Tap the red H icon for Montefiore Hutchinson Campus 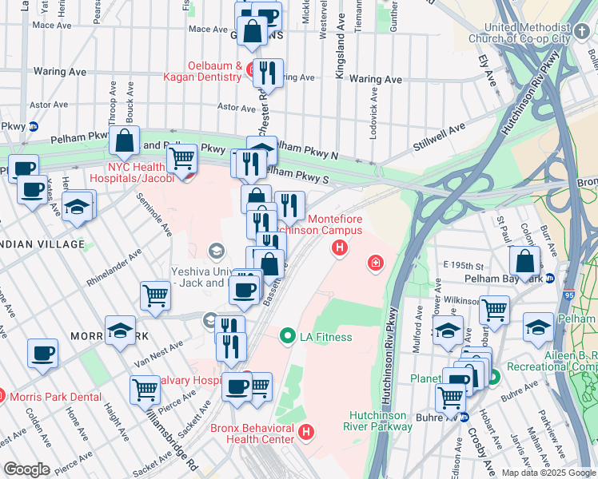(x=341, y=248)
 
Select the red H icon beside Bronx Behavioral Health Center (x=305, y=433)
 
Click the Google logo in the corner (x=26, y=469)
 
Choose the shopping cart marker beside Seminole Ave (x=155, y=295)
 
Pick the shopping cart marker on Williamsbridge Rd (x=145, y=390)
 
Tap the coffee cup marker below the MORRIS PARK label (x=42, y=352)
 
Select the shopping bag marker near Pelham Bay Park (x=524, y=260)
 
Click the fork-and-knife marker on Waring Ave (x=268, y=73)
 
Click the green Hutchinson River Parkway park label (x=381, y=421)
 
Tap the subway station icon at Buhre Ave (x=464, y=417)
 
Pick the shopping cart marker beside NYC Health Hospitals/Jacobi (x=181, y=157)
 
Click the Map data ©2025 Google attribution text (x=548, y=472)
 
